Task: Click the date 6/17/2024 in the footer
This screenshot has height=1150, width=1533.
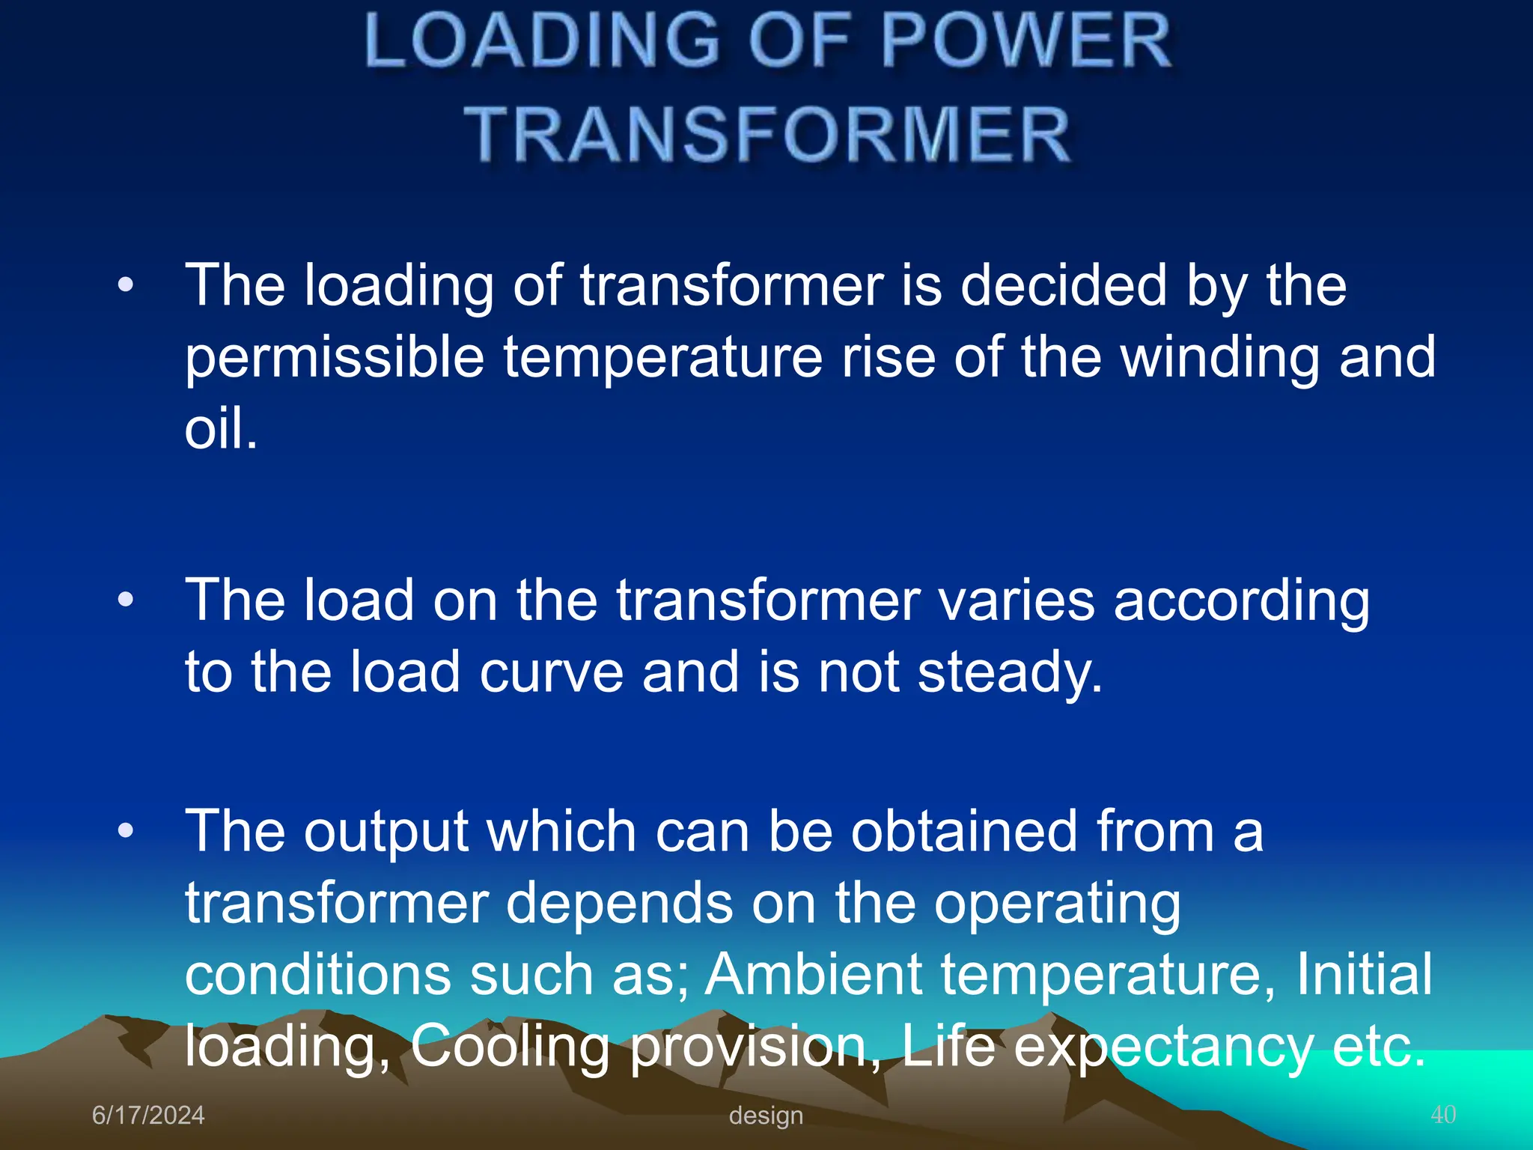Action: (148, 1115)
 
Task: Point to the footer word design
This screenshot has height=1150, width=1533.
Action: (766, 1115)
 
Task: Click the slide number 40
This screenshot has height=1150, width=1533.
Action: (1443, 1114)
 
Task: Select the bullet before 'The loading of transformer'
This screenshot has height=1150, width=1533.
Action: (126, 285)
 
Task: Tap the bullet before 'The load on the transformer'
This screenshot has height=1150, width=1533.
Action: (126, 600)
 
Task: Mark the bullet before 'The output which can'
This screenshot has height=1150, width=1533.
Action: (126, 830)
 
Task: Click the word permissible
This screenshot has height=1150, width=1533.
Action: (335, 358)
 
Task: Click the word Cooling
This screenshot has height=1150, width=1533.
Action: (510, 1046)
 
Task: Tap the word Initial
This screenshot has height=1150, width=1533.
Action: (1364, 974)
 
